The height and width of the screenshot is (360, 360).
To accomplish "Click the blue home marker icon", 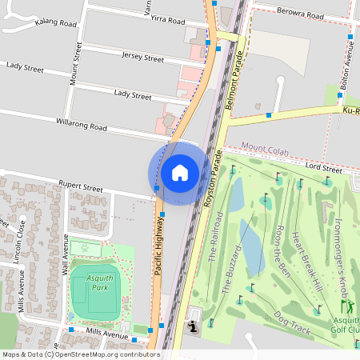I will (x=180, y=173).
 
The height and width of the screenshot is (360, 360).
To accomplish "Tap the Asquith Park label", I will (x=100, y=282).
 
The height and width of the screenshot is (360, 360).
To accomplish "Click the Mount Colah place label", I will (x=265, y=149).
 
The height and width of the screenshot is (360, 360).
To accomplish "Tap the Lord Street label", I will (x=323, y=168).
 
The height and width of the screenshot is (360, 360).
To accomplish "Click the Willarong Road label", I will (x=82, y=126).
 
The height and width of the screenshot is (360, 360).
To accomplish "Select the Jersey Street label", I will (x=142, y=58).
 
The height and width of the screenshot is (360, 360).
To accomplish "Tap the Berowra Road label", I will (x=301, y=15).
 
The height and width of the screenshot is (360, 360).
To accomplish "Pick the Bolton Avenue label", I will (x=347, y=63).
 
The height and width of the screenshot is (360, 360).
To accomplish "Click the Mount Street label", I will (x=77, y=65).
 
